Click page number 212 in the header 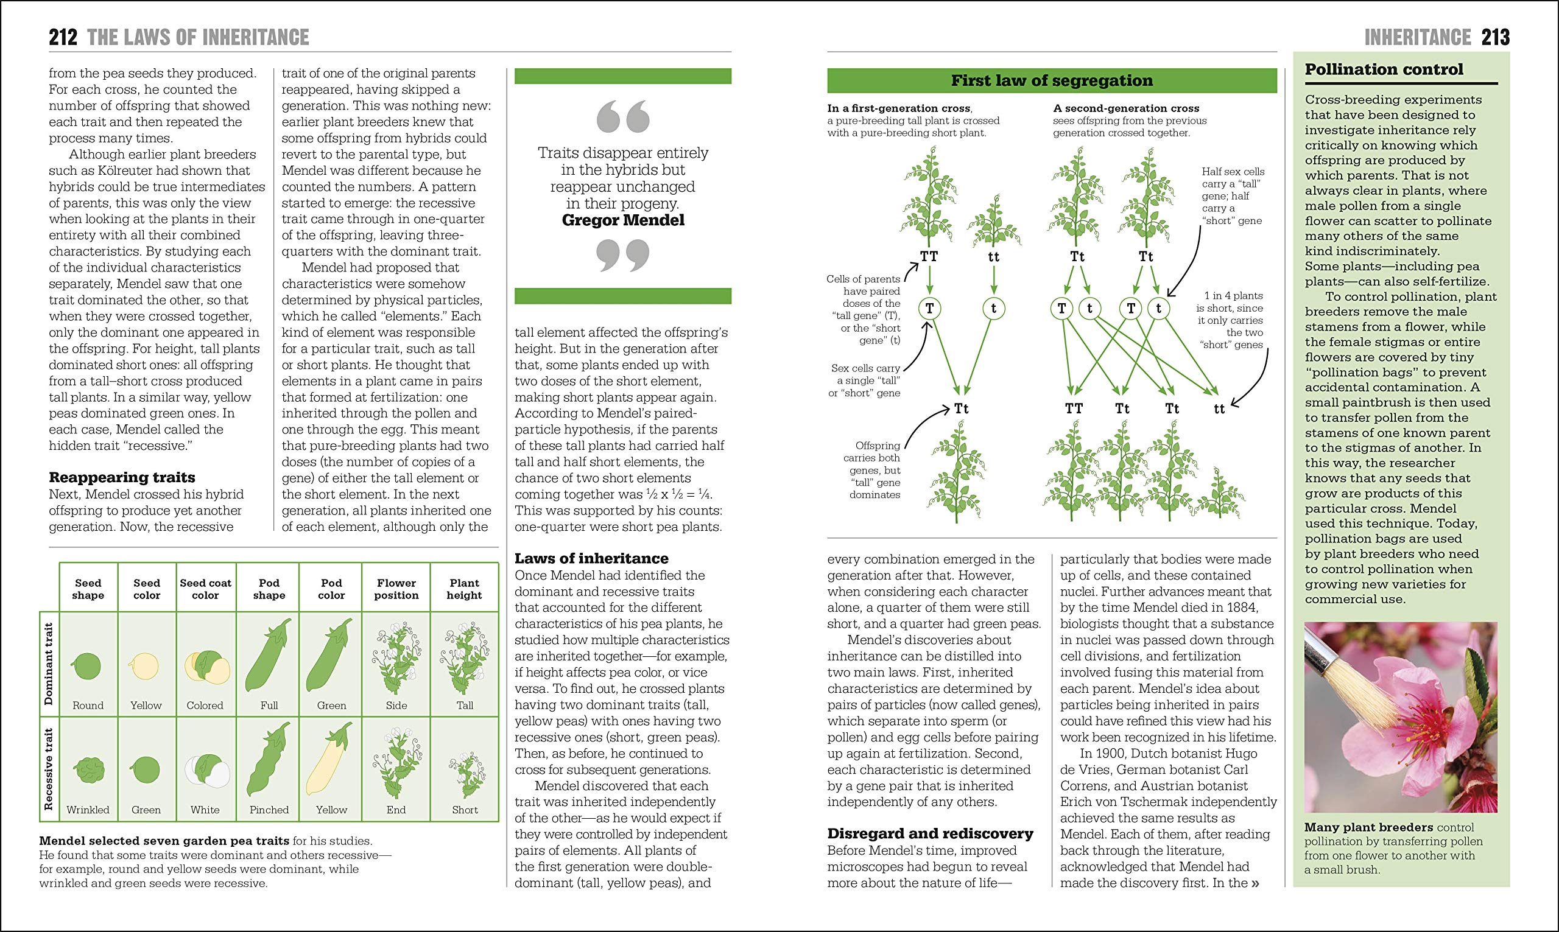63,38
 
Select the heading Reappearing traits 122,477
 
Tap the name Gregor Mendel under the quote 622,220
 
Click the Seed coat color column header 205,589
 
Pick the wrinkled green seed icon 88,770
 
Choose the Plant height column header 464,589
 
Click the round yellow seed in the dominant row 144,666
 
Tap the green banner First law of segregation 1052,80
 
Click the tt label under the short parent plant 993,256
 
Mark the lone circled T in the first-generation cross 930,309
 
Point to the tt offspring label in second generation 1219,409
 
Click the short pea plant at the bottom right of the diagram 1219,493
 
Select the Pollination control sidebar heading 1384,70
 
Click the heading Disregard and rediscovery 930,833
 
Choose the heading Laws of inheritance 591,558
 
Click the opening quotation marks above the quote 622,117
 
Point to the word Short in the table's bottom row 464,810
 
